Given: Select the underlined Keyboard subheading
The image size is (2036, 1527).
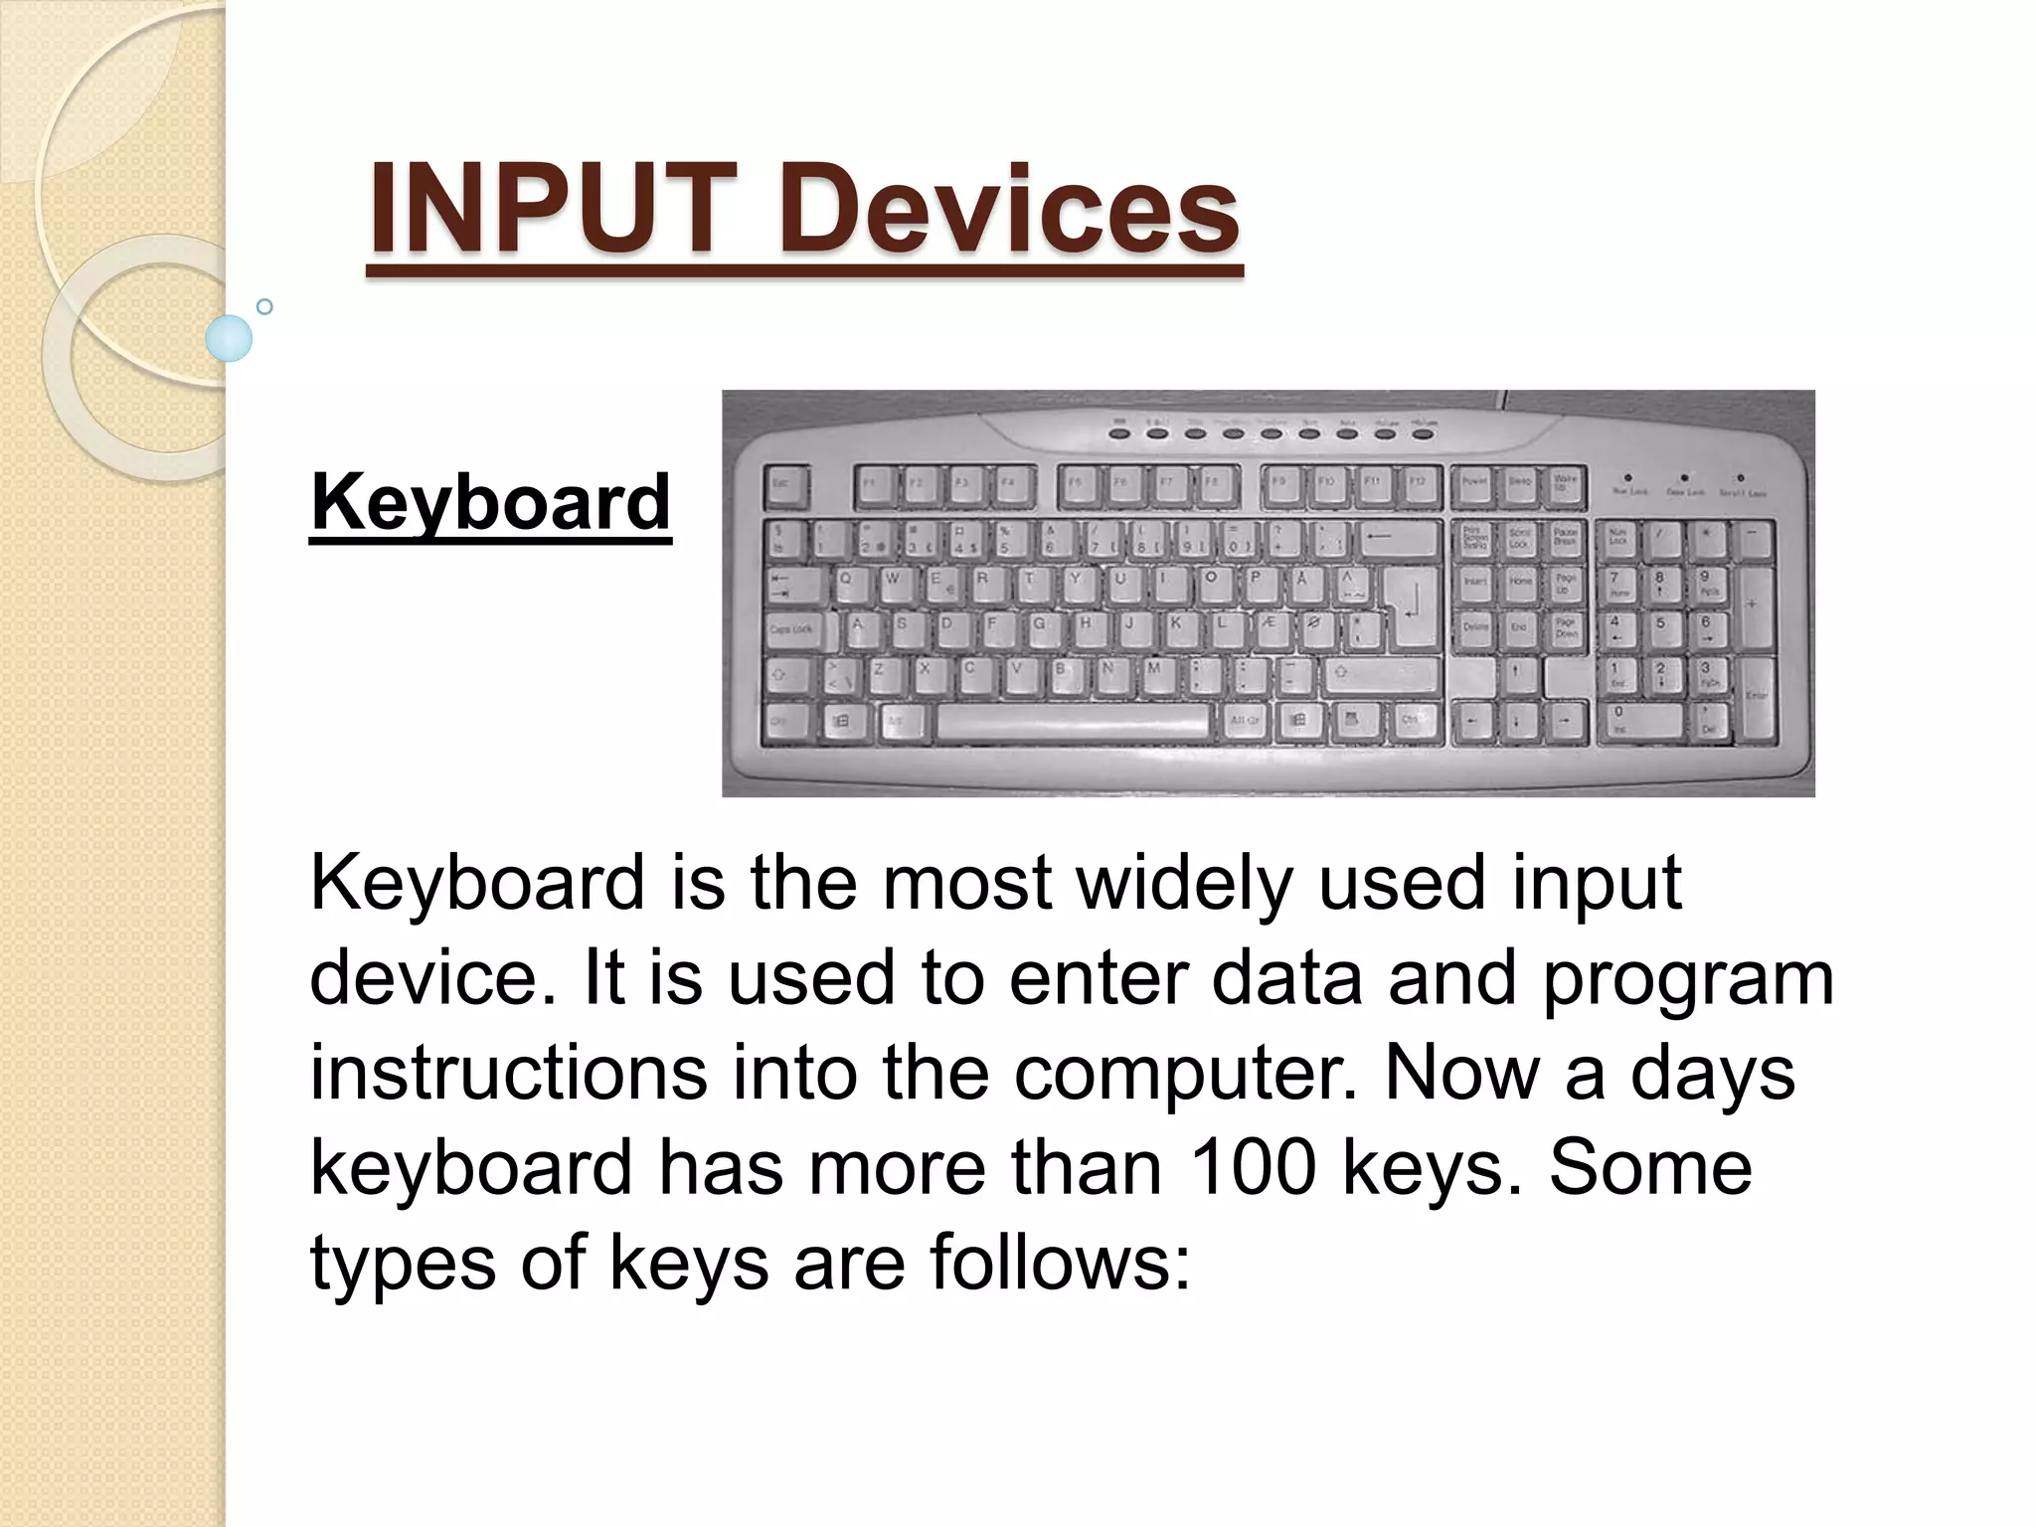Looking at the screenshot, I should pos(490,503).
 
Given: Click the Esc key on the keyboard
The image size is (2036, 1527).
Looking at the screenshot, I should pos(785,486).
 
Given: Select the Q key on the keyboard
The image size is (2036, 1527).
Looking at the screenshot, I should pos(846,584).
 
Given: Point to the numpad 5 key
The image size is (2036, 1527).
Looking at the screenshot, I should pos(1659,628).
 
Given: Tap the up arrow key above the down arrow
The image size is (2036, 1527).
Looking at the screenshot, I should pos(1516,675).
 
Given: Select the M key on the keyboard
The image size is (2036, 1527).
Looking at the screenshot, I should pos(1154,674).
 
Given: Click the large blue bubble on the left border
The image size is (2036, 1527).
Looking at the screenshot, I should pos(229,338).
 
